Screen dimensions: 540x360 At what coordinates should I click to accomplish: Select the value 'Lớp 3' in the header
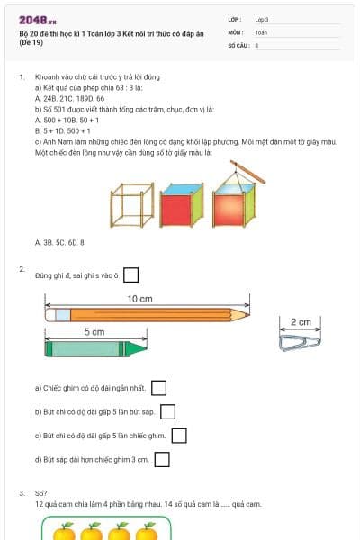pyautogui.click(x=262, y=19)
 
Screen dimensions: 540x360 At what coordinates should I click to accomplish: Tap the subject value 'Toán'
pyautogui.click(x=261, y=31)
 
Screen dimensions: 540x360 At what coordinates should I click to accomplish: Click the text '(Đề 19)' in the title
pyautogui.click(x=32, y=42)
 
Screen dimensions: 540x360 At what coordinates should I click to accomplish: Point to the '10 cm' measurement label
pyautogui.click(x=139, y=299)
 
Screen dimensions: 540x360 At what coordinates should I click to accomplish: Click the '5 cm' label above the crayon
pyautogui.click(x=94, y=332)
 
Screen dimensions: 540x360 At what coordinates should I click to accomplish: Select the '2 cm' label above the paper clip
pyautogui.click(x=301, y=322)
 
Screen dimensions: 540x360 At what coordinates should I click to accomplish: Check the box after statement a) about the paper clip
pyautogui.click(x=159, y=388)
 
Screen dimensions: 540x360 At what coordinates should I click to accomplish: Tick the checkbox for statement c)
pyautogui.click(x=179, y=436)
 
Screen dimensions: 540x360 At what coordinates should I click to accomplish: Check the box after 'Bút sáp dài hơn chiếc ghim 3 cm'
pyautogui.click(x=162, y=460)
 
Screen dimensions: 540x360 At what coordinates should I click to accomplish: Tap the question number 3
pyautogui.click(x=22, y=493)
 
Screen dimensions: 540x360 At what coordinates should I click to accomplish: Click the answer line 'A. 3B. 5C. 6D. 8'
pyautogui.click(x=59, y=242)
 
